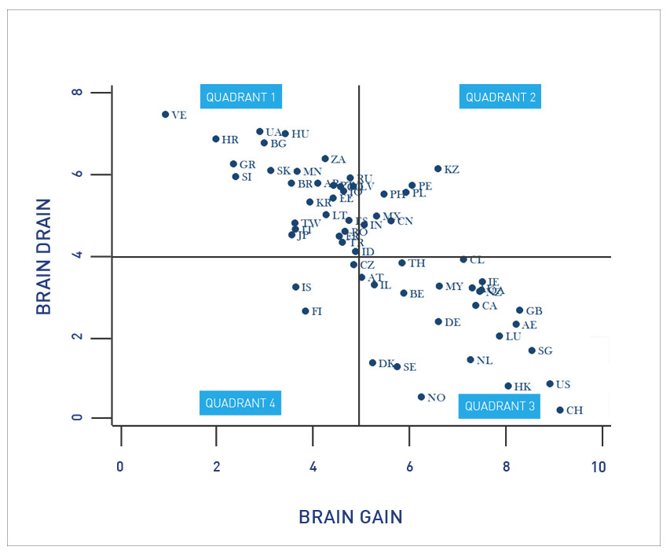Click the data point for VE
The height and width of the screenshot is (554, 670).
[x=166, y=114]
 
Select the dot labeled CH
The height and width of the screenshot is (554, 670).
[x=560, y=410]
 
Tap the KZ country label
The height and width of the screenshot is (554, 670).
[x=452, y=169]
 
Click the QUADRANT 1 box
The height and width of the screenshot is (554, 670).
[x=240, y=97]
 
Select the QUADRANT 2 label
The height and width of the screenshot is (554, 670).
[x=500, y=97]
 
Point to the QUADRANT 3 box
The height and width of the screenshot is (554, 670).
[x=500, y=406]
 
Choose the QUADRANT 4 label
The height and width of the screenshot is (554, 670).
[x=240, y=403]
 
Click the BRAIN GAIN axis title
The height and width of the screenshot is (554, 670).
[x=350, y=517]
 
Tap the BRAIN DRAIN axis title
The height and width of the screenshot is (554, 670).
[x=44, y=256]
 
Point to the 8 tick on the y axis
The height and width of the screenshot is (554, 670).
[x=77, y=93]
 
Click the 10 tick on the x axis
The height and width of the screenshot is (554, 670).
[x=599, y=466]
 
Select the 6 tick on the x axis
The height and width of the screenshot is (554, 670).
[x=409, y=466]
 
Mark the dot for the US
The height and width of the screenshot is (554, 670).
[x=550, y=384]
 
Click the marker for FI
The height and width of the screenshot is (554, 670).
[x=306, y=311]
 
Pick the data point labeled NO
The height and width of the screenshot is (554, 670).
[x=421, y=397]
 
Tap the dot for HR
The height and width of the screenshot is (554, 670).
[x=216, y=139]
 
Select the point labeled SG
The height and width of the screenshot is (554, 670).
[x=532, y=350]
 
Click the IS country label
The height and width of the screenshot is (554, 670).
[x=306, y=288]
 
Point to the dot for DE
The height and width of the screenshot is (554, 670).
[x=438, y=321]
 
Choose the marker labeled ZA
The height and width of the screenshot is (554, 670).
[x=325, y=159]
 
